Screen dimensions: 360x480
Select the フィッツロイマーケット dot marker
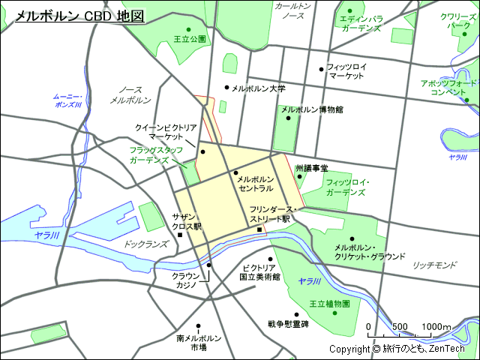click(321, 67)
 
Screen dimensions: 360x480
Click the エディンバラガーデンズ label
click(361, 23)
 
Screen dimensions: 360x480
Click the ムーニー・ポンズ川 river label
click(67, 100)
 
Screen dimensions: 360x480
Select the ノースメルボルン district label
click(130, 94)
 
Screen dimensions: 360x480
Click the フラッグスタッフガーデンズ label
click(155, 155)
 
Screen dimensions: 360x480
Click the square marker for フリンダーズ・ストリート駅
click(259, 229)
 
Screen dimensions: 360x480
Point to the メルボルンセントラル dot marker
click(235, 173)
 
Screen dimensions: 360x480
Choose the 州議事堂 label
click(311, 169)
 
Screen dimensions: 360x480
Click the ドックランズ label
click(145, 244)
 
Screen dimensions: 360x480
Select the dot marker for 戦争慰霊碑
click(270, 313)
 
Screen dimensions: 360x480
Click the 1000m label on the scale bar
click(436, 326)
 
